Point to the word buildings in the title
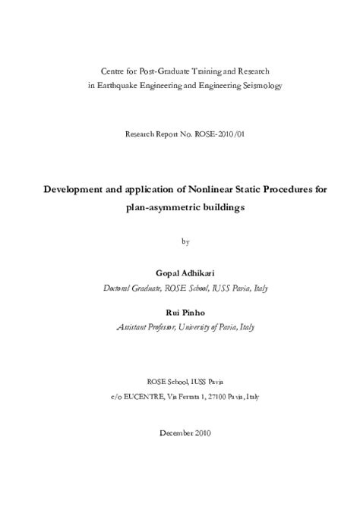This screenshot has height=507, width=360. pyautogui.click(x=219, y=206)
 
